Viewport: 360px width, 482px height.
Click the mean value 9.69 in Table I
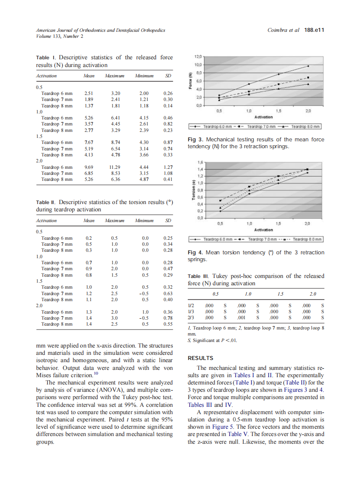(x=89, y=167)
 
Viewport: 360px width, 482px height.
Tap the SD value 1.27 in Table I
(x=168, y=167)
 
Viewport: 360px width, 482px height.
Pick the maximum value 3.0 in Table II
(x=115, y=318)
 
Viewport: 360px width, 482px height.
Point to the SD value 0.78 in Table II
(x=168, y=318)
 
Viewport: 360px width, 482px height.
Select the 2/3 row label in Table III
(x=191, y=318)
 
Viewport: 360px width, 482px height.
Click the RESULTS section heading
(x=201, y=358)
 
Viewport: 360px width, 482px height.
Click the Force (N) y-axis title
(x=190, y=81)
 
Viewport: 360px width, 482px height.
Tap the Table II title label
(x=46, y=202)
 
